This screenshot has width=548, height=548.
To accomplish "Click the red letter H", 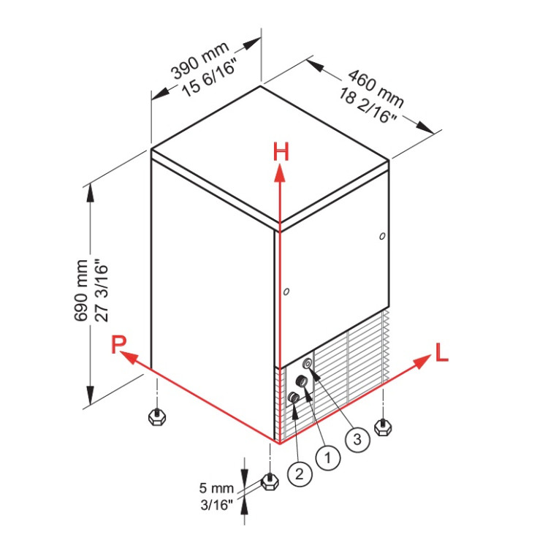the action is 281,152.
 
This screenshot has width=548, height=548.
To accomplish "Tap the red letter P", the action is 118,344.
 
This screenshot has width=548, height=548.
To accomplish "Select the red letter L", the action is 442,352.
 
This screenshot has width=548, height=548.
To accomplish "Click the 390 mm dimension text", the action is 200,59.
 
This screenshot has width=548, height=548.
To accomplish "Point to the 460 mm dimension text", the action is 376,88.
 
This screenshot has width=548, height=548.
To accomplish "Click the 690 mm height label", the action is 80,290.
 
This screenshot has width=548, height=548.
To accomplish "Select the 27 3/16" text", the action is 102,290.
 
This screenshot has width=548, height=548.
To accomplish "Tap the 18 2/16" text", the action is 368,105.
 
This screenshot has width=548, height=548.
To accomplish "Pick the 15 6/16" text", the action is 210,77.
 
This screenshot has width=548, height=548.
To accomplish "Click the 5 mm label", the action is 216,488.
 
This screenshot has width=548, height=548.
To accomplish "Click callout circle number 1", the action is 328,457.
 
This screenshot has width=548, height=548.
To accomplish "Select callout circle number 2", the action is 300,474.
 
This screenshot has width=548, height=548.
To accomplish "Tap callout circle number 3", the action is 357,439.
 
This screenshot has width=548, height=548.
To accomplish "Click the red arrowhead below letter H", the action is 280,173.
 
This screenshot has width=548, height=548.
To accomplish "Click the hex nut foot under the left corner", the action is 157,416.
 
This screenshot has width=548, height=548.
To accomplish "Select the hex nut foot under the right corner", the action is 383,427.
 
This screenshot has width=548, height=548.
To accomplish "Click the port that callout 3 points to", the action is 308,363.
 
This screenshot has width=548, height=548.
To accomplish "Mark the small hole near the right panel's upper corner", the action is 382,236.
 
